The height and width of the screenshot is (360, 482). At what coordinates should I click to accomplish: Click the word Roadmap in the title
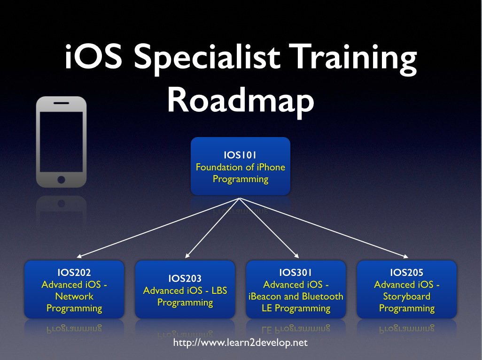[x=241, y=101]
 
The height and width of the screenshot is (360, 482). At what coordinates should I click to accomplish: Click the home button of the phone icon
[x=61, y=179]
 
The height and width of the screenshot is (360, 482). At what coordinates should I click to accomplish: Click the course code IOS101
[x=241, y=155]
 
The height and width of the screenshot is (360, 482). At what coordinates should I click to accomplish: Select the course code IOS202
[x=74, y=273]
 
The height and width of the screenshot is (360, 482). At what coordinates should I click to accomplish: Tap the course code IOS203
[x=185, y=278]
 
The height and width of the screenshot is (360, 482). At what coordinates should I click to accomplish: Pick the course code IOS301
[x=296, y=273]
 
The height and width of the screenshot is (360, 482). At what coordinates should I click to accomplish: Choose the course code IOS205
[x=407, y=273]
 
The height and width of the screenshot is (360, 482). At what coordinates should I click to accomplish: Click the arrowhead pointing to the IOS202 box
[x=79, y=256]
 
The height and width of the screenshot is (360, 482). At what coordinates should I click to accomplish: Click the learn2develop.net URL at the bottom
[x=241, y=343]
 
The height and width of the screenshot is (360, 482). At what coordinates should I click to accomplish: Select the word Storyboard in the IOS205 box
[x=407, y=297]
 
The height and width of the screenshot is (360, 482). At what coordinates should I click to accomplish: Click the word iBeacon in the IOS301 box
[x=265, y=297]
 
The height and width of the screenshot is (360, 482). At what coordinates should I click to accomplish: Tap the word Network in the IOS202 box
[x=74, y=297]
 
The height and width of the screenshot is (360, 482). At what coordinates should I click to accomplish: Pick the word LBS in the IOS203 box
[x=218, y=291]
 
